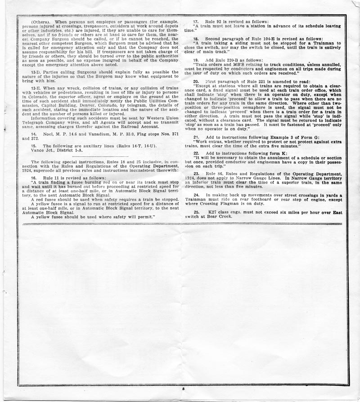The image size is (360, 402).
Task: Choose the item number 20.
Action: point(196,81)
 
